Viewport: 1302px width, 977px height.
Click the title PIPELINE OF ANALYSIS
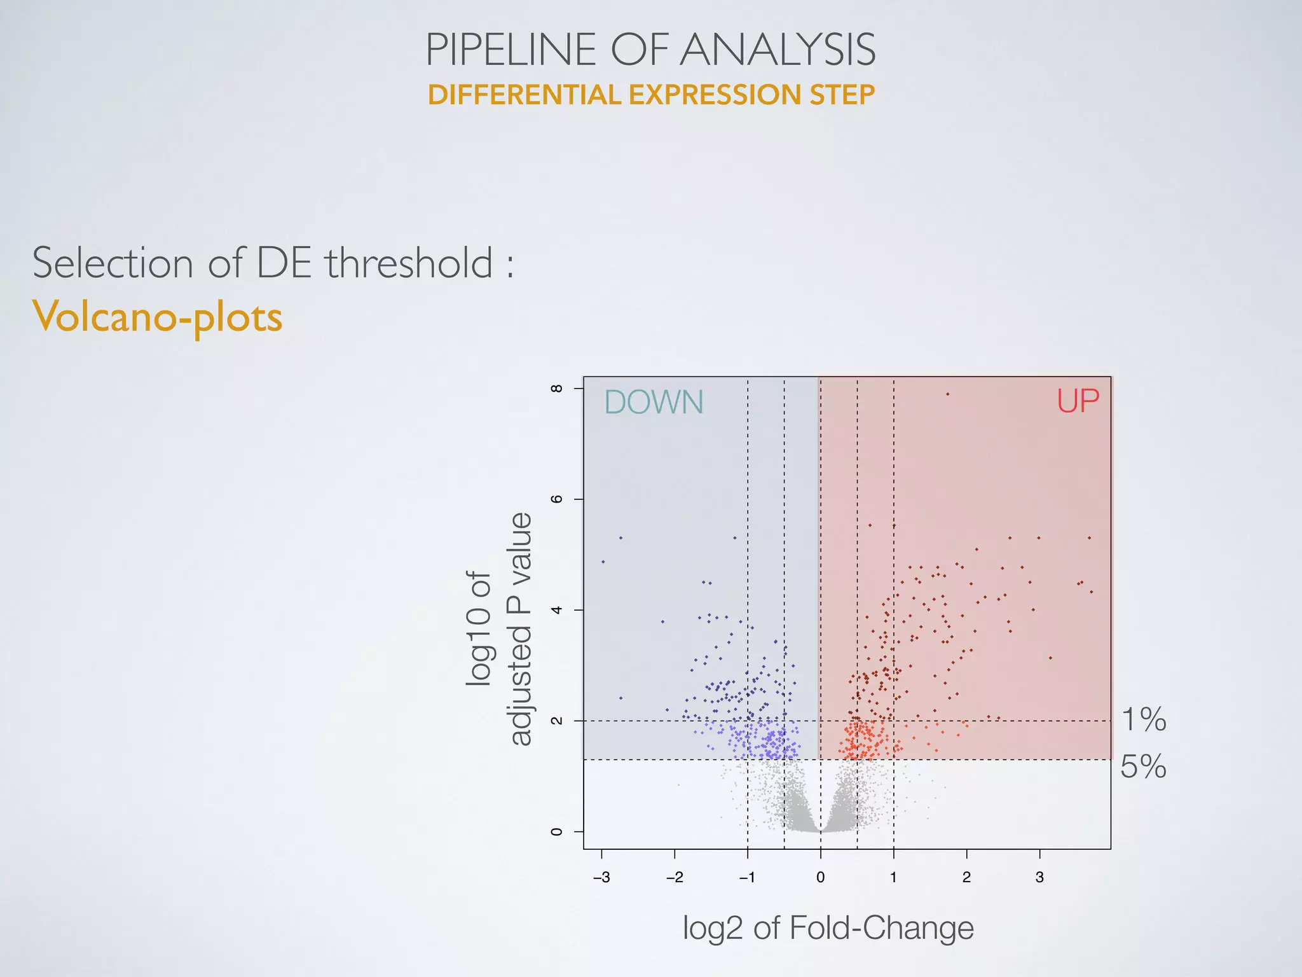(x=650, y=50)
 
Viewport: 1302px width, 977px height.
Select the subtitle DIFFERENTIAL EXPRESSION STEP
(x=651, y=95)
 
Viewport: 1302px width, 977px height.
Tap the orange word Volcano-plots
(x=157, y=317)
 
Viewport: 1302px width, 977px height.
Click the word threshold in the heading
(x=409, y=263)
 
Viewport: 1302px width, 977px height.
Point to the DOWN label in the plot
(x=654, y=402)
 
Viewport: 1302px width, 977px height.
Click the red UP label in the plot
(x=1078, y=401)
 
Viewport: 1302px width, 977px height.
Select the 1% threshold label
(x=1143, y=719)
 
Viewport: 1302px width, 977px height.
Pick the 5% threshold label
(x=1143, y=766)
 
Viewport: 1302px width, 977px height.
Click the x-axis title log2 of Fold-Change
(x=828, y=927)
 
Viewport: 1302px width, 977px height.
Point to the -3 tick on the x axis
(x=601, y=878)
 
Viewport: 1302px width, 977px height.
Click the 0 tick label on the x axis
(x=820, y=878)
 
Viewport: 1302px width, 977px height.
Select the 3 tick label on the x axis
(x=1039, y=878)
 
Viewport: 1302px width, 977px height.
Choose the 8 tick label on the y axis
(x=557, y=388)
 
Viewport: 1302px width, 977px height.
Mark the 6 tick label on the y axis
(x=557, y=499)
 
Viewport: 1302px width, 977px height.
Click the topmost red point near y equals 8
(x=947, y=394)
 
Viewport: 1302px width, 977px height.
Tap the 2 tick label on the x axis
(x=966, y=878)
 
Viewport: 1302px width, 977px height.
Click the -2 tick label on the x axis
(x=674, y=878)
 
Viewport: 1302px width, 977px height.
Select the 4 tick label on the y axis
(x=557, y=610)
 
